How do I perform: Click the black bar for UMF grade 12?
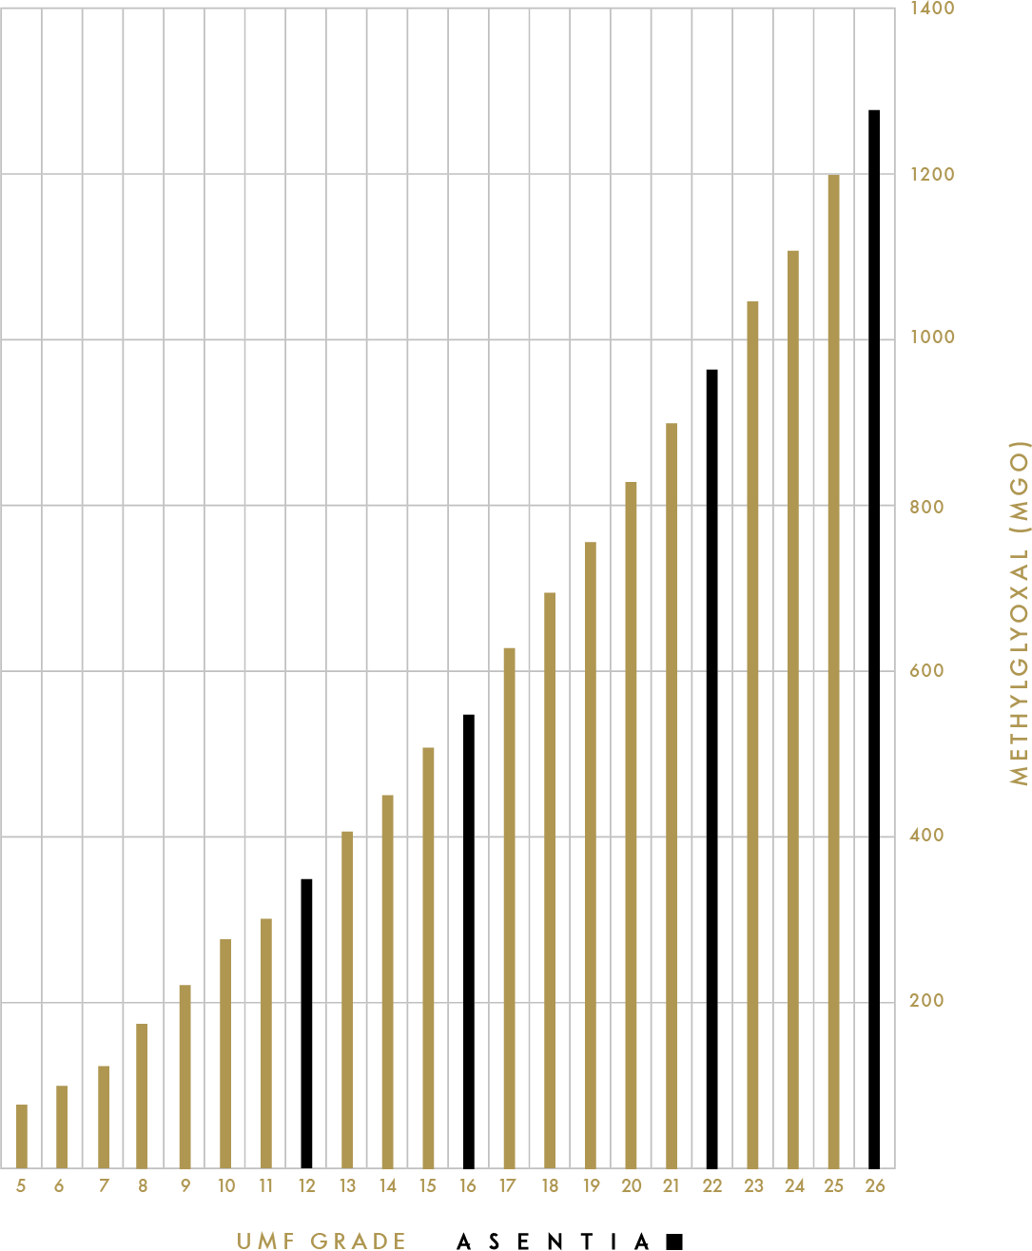tap(306, 1023)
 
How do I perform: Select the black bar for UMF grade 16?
tap(469, 941)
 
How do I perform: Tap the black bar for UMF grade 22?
tap(711, 768)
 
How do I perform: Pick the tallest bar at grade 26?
tap(874, 639)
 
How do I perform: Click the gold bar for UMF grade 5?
tap(22, 1136)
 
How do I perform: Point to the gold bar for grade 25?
tap(833, 671)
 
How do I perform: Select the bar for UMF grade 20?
tap(631, 825)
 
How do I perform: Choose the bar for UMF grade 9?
tap(185, 1076)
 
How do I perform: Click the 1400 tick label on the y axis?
tap(931, 9)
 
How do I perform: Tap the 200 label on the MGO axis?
tap(926, 1000)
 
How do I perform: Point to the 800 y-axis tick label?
tap(926, 507)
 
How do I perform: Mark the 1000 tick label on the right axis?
tap(931, 337)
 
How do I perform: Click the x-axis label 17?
tap(508, 1185)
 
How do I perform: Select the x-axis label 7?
tap(104, 1185)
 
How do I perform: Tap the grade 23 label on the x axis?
tap(753, 1185)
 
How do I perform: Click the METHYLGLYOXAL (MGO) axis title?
tap(1020, 612)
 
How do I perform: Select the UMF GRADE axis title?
tap(321, 1241)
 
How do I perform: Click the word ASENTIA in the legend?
tap(555, 1241)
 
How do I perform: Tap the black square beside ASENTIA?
tap(674, 1241)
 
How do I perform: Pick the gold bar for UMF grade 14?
tap(387, 981)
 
